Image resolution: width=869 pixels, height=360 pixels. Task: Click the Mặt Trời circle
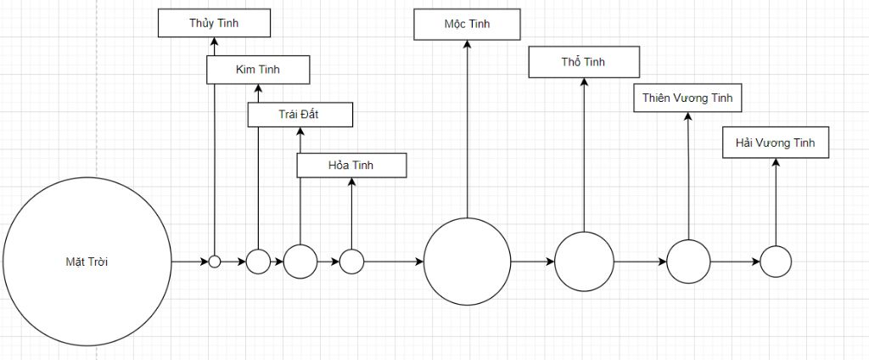point(87,262)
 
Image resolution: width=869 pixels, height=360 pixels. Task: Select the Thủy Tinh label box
point(214,23)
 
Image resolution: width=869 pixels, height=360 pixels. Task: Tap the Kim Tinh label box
point(257,70)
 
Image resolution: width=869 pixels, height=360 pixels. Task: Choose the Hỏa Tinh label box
point(350,165)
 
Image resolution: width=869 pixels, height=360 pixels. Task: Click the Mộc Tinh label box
point(467,24)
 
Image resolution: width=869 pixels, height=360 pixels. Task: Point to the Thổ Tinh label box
point(583,61)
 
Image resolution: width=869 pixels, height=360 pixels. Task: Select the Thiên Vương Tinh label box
point(687,98)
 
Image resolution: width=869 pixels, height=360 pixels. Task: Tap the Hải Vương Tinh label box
point(775,143)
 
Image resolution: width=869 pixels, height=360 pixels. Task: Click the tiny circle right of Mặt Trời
point(215,262)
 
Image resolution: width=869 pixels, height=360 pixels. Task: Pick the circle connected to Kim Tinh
point(258,262)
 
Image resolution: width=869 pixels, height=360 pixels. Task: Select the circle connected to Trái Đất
point(300,262)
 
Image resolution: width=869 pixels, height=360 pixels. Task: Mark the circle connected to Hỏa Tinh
point(351,262)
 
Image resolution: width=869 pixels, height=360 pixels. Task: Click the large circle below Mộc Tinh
point(467,262)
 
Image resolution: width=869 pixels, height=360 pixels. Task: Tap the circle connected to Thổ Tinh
point(584,262)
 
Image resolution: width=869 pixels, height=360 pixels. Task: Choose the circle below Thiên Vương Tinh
point(687,262)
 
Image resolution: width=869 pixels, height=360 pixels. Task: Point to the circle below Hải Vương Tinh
point(775,262)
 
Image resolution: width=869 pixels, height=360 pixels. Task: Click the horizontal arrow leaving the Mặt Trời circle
point(190,262)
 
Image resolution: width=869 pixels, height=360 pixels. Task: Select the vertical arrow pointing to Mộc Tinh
point(467,127)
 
